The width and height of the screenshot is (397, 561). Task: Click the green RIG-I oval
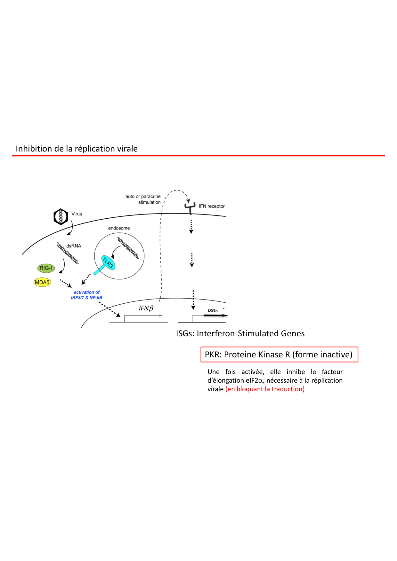pos(46,268)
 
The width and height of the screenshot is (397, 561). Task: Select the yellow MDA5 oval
pos(42,282)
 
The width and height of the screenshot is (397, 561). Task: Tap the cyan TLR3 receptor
pos(108,263)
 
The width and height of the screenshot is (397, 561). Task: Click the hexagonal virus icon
pos(61,217)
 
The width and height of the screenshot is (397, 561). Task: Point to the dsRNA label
pos(74,246)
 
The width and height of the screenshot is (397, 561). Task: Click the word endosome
pos(119,228)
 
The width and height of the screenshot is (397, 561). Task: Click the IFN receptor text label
pos(212,206)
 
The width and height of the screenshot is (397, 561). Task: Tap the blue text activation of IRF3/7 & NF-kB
pos(87,295)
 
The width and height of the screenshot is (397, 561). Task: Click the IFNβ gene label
pos(146,308)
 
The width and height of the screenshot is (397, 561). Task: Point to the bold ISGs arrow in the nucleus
pos(215,315)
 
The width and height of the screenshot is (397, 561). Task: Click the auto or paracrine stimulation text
pos(143,199)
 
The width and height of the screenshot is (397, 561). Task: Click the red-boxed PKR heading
pos(279,355)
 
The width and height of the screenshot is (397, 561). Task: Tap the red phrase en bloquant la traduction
pos(265,389)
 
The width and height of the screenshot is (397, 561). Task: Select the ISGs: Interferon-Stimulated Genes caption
pos(240,333)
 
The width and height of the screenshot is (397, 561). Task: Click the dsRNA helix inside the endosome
pos(128,248)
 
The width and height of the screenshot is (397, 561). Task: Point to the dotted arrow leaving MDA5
pos(66,283)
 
